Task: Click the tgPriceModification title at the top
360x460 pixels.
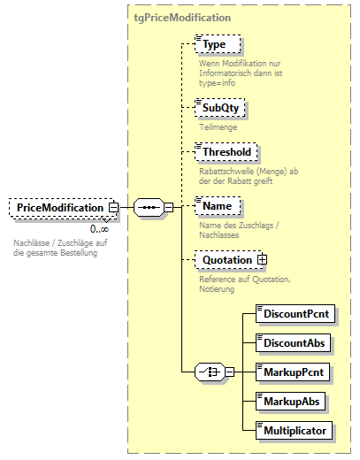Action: tap(182, 17)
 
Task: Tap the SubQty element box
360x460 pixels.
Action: tap(220, 108)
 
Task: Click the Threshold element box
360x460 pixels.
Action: tap(226, 152)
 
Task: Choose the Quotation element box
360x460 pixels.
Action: tap(226, 260)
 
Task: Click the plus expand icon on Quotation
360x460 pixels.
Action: tap(263, 260)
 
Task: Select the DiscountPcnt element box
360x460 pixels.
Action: tap(295, 312)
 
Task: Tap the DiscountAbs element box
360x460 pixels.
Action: tap(292, 341)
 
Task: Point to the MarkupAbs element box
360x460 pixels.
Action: tap(288, 401)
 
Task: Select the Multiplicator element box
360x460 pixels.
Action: tap(295, 430)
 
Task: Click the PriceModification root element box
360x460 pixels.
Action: tap(59, 207)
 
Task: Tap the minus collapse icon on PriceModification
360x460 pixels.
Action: tap(113, 207)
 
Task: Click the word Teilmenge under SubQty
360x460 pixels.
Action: tap(218, 127)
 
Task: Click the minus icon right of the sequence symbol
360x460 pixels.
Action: tap(168, 207)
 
